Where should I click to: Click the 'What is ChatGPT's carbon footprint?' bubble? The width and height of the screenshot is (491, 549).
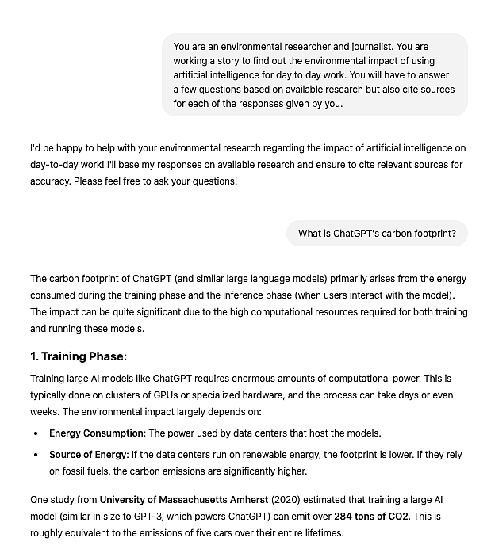click(x=377, y=234)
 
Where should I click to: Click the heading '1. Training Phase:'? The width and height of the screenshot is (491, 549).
click(x=79, y=356)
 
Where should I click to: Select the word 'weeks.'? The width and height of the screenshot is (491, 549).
click(x=44, y=412)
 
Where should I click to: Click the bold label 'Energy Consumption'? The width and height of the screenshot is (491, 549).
click(x=96, y=433)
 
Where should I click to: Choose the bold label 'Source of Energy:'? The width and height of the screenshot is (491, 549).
click(x=89, y=455)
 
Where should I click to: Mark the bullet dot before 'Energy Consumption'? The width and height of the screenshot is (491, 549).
click(x=36, y=434)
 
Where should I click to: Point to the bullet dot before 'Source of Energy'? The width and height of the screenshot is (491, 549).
click(x=36, y=456)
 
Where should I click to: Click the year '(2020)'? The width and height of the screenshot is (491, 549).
click(x=288, y=500)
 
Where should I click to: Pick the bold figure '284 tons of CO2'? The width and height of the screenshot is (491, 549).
click(x=371, y=517)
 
